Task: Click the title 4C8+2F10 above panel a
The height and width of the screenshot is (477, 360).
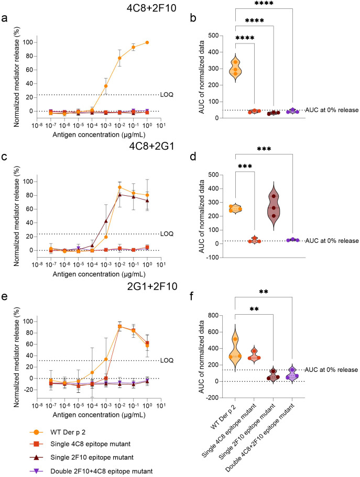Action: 151,8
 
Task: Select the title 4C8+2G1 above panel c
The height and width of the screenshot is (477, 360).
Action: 152,146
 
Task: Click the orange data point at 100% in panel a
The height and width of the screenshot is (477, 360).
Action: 147,42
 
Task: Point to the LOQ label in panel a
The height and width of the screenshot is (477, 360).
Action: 167,95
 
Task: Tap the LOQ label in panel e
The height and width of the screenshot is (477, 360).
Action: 167,360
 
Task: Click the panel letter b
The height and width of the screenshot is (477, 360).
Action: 193,18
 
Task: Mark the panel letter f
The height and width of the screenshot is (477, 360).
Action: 192,296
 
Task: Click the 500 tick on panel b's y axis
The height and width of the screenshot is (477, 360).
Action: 213,36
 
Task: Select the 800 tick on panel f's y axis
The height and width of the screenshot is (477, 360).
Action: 213,315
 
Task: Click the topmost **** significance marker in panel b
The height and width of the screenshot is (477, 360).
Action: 264,4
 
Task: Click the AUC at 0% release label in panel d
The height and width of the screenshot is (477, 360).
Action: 332,241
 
